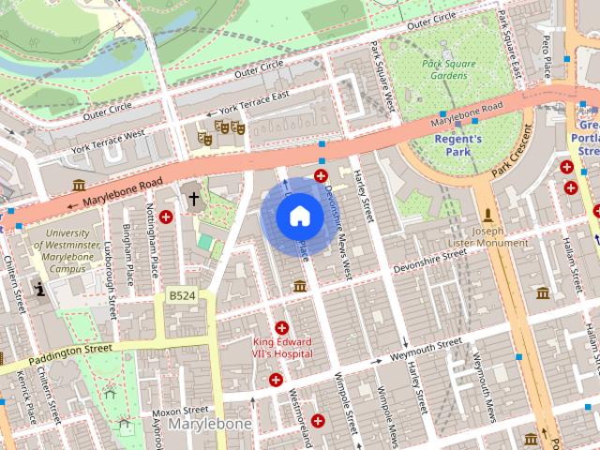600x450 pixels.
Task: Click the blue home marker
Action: point(299,216)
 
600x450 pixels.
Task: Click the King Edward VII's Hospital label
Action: point(282,350)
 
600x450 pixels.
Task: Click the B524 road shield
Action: point(182,296)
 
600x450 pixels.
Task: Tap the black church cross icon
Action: point(194,199)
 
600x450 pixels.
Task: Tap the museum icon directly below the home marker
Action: point(299,285)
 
